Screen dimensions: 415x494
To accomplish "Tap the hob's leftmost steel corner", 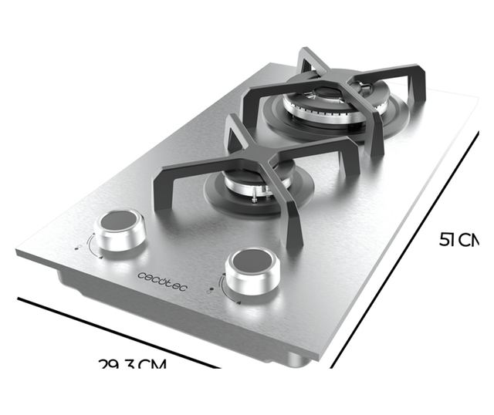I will point(19,253).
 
